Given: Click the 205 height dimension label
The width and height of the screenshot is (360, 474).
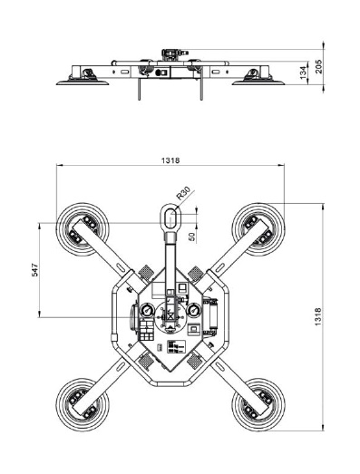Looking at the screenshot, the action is (319, 66).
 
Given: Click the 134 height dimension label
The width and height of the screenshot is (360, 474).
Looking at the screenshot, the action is (304, 73).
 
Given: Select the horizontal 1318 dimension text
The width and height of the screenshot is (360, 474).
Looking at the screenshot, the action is (170, 160).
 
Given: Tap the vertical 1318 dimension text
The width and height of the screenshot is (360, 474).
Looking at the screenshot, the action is (317, 317).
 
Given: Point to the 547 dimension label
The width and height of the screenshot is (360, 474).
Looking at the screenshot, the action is (35, 270).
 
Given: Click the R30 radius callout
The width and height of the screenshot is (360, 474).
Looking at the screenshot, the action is (184, 193).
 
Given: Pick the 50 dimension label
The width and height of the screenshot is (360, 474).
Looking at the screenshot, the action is (192, 236).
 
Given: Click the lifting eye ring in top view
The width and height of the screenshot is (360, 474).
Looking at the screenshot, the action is (170, 217).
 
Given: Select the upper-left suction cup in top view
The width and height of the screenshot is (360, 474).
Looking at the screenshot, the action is (83, 229).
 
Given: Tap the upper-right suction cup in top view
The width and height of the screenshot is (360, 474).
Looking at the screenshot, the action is (258, 229).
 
